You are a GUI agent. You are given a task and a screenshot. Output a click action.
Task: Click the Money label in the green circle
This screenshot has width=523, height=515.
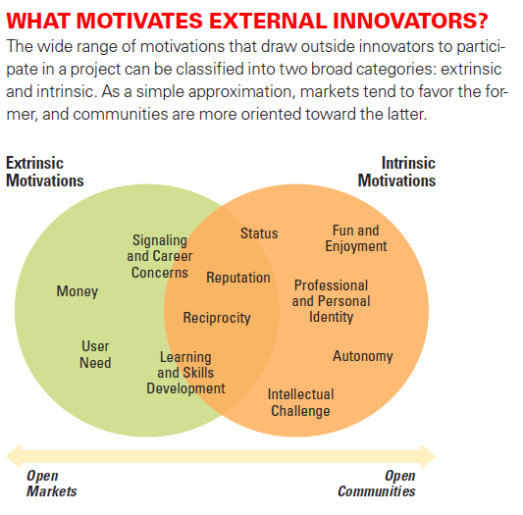click(78, 291)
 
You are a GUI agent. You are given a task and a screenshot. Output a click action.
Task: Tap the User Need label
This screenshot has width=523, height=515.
click(95, 354)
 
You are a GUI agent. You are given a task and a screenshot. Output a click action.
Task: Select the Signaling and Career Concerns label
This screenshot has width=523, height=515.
click(159, 256)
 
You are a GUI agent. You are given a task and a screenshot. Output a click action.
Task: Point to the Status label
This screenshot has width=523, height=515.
click(259, 233)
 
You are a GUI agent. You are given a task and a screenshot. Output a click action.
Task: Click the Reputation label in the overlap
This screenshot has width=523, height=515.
click(238, 278)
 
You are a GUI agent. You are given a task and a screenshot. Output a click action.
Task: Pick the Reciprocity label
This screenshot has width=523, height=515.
click(217, 318)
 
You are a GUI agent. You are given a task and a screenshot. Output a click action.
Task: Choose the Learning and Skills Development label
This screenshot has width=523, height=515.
click(185, 373)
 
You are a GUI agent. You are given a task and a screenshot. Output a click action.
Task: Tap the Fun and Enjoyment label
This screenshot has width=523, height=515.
click(356, 238)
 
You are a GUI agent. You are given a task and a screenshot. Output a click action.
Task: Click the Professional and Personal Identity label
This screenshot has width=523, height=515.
click(332, 301)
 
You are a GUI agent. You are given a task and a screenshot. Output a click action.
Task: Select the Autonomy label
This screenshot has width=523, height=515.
click(363, 356)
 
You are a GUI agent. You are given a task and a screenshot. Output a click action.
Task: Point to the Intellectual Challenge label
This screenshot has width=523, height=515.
click(300, 402)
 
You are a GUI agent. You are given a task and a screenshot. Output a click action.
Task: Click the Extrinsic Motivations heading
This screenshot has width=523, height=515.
click(45, 172)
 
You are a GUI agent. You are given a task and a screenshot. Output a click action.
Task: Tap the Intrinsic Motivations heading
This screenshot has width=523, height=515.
click(397, 172)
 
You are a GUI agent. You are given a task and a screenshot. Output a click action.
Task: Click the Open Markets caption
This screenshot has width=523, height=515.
click(52, 484)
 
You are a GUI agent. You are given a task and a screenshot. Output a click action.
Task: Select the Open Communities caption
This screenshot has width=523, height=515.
click(377, 484)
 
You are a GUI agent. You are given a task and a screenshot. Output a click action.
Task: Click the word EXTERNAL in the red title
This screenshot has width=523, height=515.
click(268, 21)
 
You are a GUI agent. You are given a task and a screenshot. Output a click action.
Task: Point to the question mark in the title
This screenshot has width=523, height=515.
click(482, 21)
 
